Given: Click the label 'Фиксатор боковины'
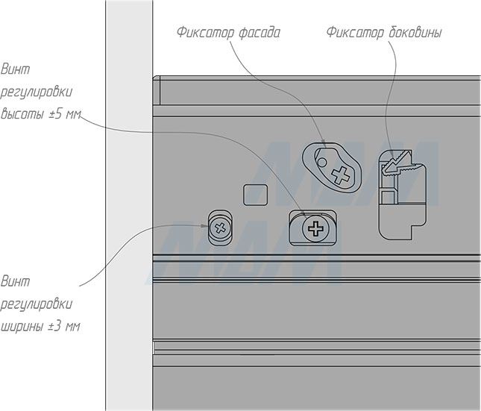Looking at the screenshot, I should [x=383, y=34].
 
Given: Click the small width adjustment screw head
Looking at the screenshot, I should [x=219, y=228].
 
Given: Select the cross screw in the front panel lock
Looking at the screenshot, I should [x=341, y=177].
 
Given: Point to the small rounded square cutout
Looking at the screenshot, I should [x=256, y=195].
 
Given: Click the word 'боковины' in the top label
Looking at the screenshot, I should [x=415, y=34].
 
